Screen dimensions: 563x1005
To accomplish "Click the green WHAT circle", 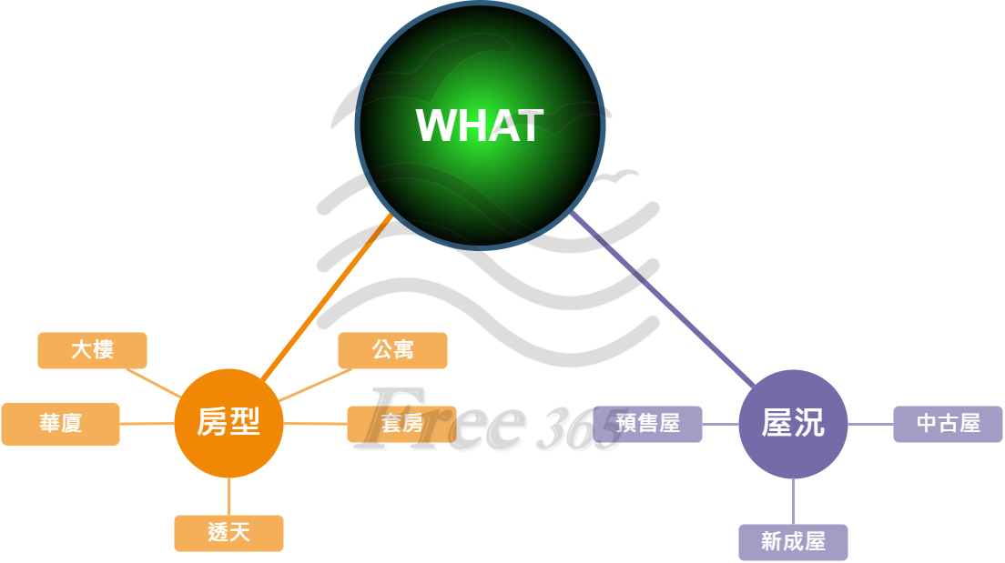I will point(480,126).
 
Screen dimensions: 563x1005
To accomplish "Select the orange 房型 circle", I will point(228,423).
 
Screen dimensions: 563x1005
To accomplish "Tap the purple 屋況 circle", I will point(793,424).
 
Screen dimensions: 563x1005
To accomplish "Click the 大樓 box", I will point(92,350).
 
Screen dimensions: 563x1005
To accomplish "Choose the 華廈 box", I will point(60,424).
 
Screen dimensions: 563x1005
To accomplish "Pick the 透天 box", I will point(228,533).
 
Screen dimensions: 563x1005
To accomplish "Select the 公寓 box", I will point(392,350).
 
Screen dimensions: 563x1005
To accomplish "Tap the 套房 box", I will point(401,424).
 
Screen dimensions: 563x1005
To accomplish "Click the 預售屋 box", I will point(648,424).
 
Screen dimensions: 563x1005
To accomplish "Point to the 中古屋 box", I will point(948,424).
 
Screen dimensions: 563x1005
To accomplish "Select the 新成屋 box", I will point(793,542).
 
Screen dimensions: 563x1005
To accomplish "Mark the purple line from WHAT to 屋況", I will point(665,300).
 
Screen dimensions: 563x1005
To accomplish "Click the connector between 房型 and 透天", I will point(228,497).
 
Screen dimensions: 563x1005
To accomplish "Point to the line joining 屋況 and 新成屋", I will point(793,501).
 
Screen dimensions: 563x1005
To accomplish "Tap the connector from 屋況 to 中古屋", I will point(870,424).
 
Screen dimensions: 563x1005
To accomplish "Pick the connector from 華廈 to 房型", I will point(147,424).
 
